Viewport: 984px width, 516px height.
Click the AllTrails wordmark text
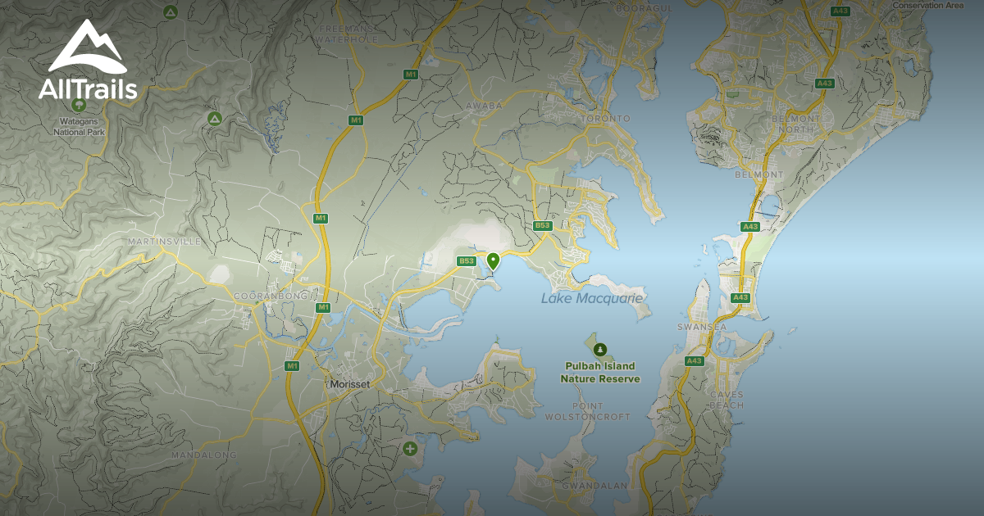(88, 90)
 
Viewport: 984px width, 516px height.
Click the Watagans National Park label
(80, 126)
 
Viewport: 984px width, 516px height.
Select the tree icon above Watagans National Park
(79, 105)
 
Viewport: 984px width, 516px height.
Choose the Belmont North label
(792, 124)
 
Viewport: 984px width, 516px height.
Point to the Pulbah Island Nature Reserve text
(600, 373)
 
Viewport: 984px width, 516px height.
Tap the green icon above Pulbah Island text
(600, 350)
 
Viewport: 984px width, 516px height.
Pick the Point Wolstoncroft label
(588, 411)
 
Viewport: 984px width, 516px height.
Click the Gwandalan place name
(594, 486)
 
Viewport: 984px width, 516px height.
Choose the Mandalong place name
(203, 455)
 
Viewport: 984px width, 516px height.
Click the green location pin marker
(493, 260)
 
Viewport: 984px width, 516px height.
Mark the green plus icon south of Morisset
(410, 449)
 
